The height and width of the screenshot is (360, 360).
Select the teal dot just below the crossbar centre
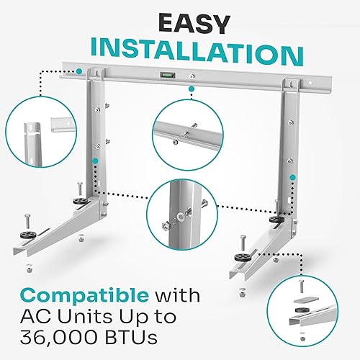coord(192,91)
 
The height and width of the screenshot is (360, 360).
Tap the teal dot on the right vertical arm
coord(292,176)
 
